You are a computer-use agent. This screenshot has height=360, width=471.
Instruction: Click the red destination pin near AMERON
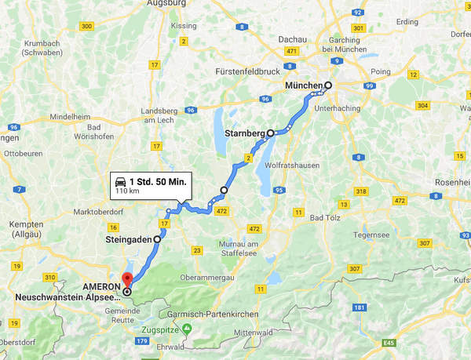click(127, 280)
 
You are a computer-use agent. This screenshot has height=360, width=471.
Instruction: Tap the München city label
click(304, 85)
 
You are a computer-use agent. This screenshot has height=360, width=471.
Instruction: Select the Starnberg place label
click(245, 133)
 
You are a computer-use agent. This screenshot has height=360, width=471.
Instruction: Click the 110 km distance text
click(126, 191)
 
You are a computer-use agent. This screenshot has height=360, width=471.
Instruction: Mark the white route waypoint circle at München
click(328, 85)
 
